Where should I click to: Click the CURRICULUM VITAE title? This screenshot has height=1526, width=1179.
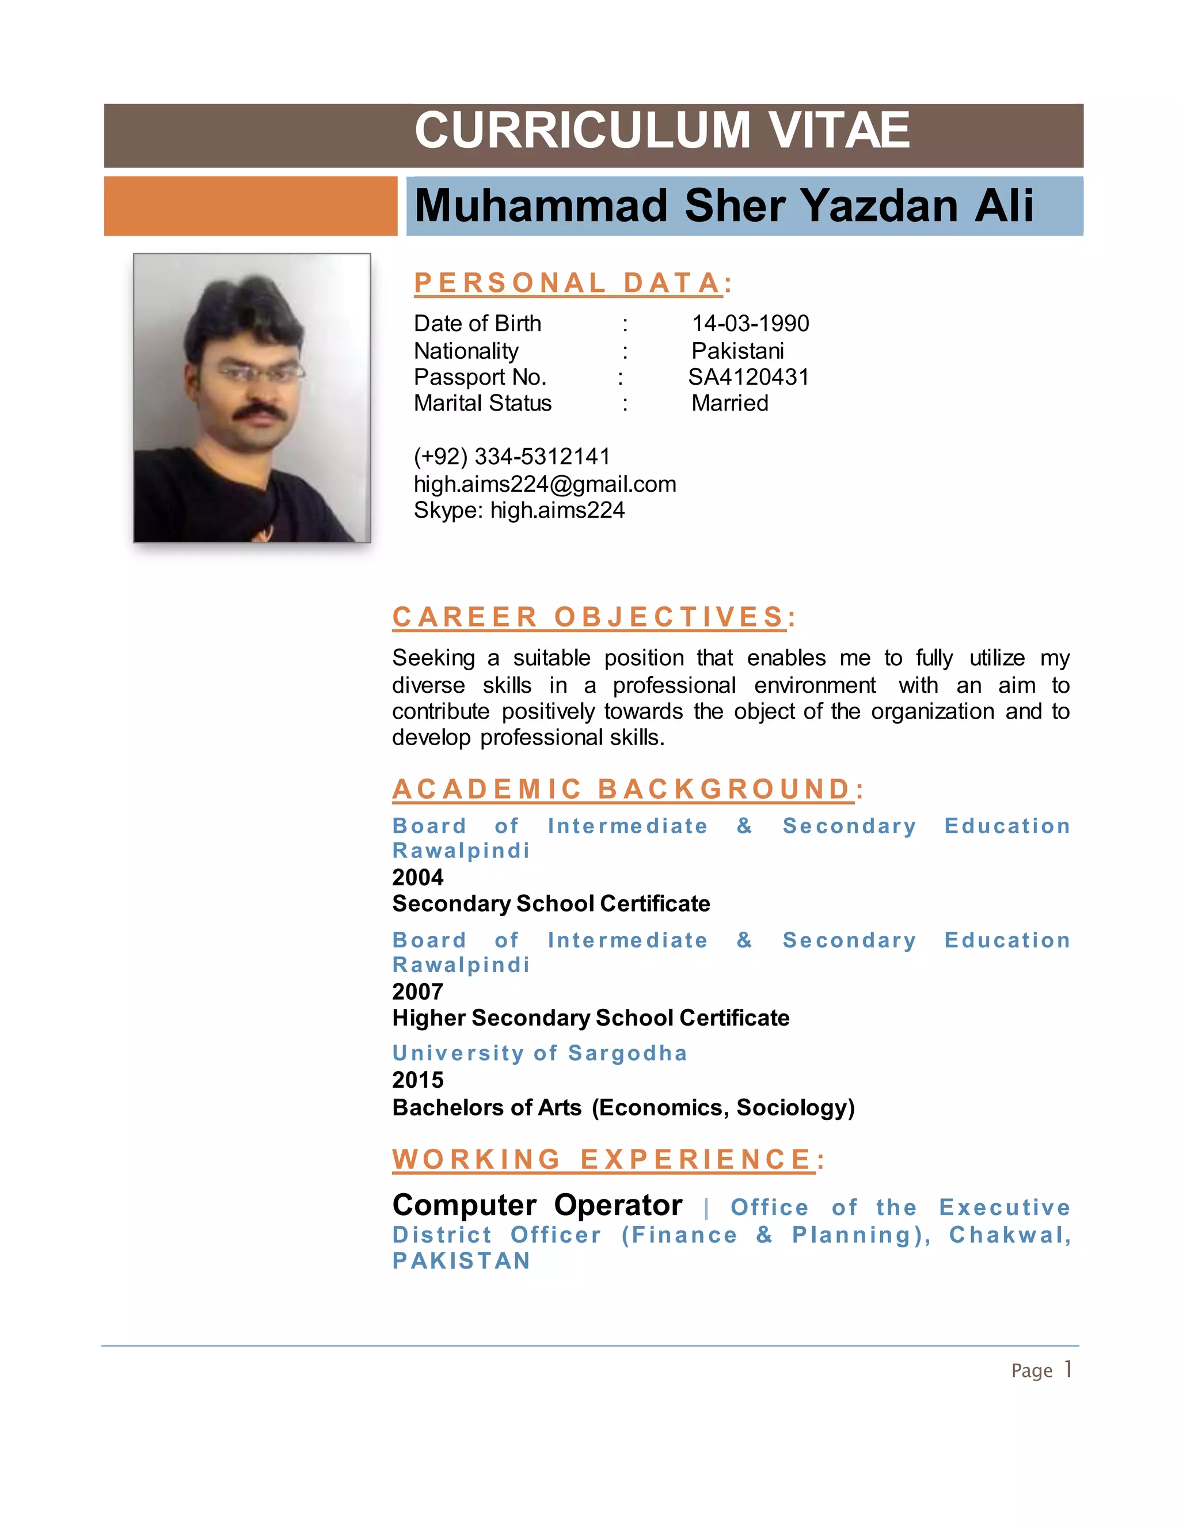tap(661, 131)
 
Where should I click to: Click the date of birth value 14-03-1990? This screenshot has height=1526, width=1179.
tap(750, 324)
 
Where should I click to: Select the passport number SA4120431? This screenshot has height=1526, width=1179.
tap(748, 377)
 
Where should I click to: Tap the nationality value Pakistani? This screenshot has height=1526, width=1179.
tap(737, 351)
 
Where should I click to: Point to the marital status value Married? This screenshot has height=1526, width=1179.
tap(730, 403)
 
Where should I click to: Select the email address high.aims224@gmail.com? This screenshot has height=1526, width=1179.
tap(545, 484)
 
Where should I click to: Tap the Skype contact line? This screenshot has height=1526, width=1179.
tap(519, 511)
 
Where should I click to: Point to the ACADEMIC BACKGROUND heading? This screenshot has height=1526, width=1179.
tap(627, 789)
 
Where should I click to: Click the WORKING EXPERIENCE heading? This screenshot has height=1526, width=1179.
tap(608, 1160)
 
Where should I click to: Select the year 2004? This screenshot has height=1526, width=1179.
tap(418, 878)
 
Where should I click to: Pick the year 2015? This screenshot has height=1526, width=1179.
tap(418, 1080)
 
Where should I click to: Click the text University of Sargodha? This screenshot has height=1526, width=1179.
tap(539, 1053)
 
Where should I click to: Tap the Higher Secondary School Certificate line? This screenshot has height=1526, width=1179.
tap(590, 1018)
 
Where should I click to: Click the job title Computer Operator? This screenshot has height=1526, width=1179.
tap(537, 1205)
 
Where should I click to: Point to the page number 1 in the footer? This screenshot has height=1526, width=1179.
tap(1068, 1369)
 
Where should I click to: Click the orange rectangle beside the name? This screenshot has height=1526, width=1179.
tap(250, 206)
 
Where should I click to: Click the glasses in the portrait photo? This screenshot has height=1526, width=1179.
tap(260, 374)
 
